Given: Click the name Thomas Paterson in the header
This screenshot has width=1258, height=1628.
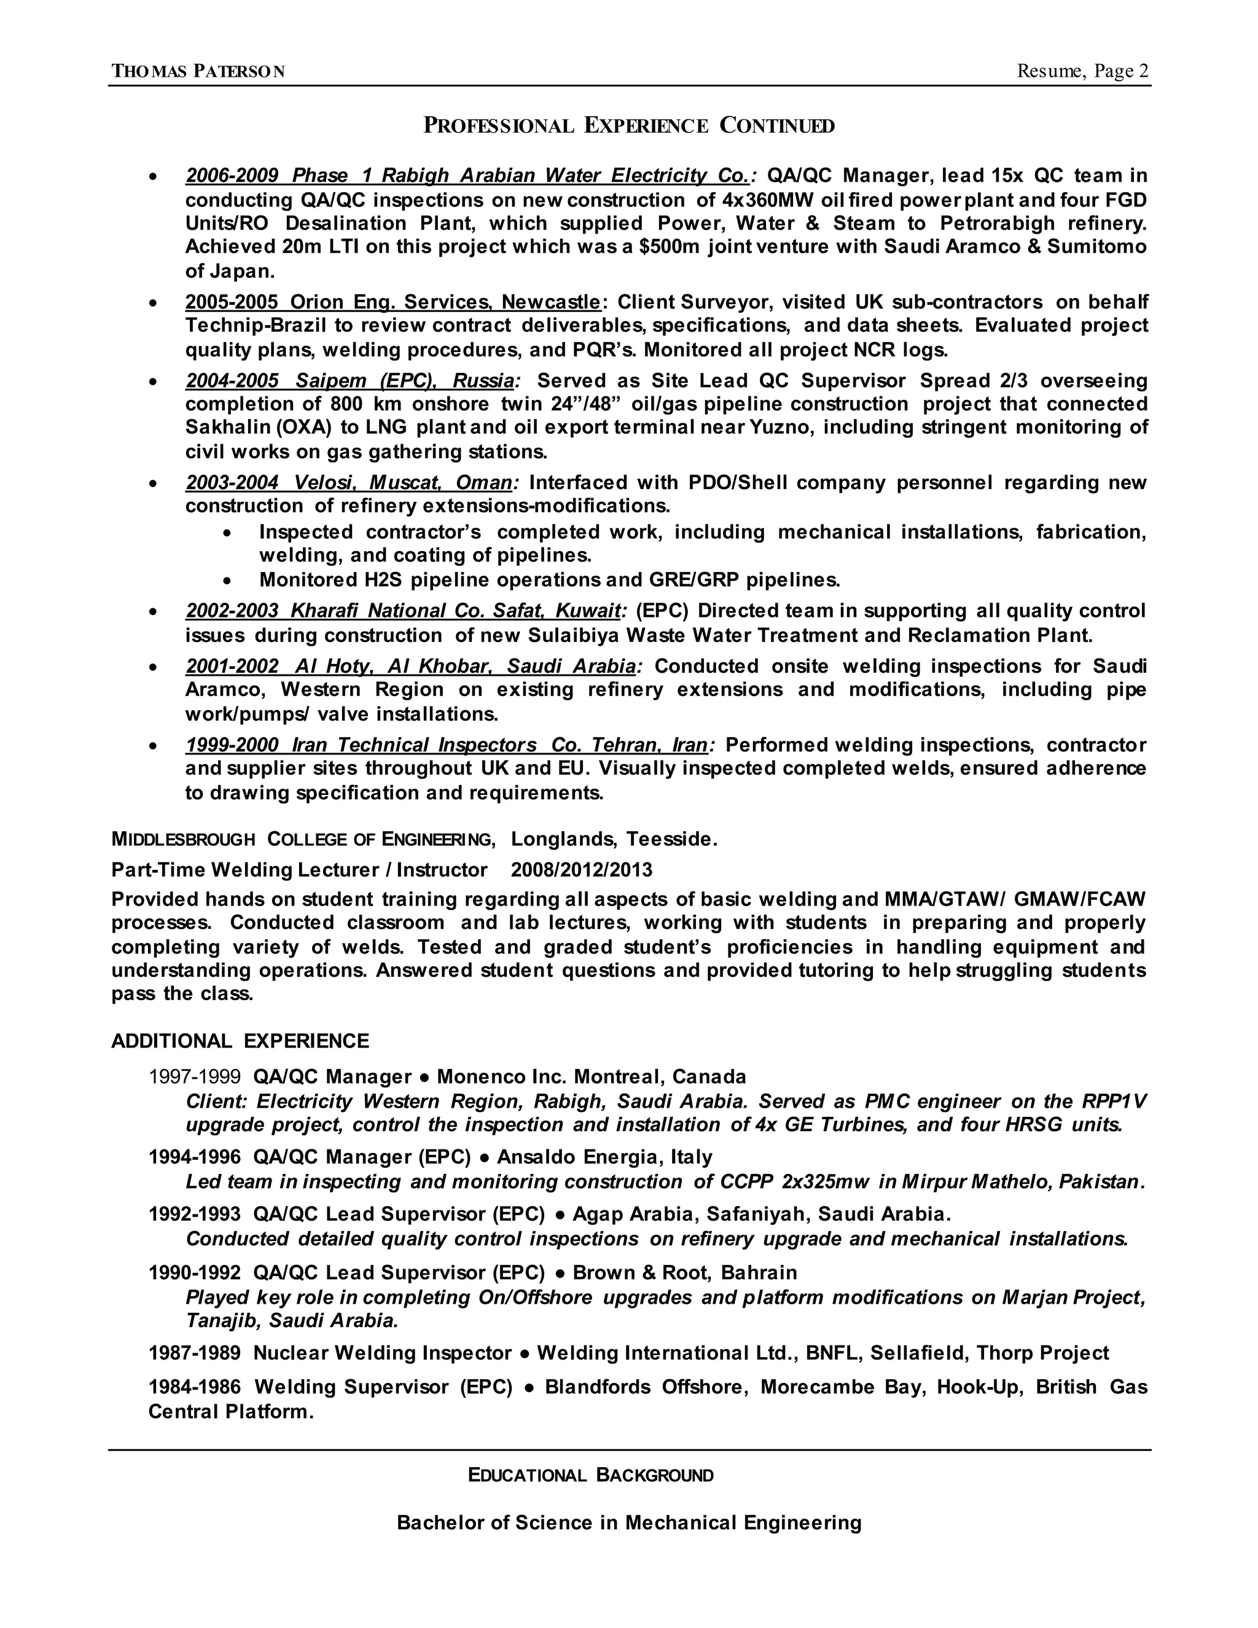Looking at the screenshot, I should [x=198, y=72].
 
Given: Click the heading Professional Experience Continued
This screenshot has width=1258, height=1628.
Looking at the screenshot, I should [x=628, y=125].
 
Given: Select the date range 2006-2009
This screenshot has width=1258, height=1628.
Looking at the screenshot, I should [x=232, y=176].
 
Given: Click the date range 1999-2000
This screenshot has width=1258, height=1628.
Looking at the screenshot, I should [x=232, y=745].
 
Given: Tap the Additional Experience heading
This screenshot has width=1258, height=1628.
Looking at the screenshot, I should [x=240, y=1041].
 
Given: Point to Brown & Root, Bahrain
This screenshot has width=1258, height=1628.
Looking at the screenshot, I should [x=684, y=1272].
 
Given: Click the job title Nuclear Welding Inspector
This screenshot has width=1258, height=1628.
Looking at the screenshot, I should [x=382, y=1353].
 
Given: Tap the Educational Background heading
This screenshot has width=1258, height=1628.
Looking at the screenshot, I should [x=590, y=1475].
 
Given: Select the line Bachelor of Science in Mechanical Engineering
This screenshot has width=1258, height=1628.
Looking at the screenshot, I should [x=628, y=1522].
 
